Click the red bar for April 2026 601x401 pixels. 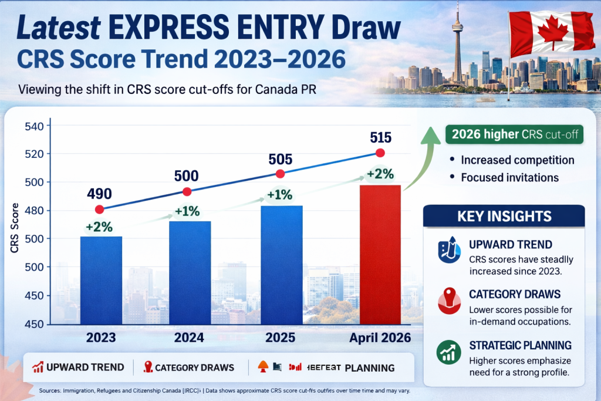click(x=380, y=254)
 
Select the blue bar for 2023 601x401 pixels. click(x=101, y=280)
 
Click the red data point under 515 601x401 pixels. click(x=380, y=153)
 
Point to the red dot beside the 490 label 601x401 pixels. click(x=99, y=210)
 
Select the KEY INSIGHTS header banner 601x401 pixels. click(x=504, y=215)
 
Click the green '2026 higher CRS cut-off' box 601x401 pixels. click(x=514, y=134)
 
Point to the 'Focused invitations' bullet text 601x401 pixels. click(x=509, y=177)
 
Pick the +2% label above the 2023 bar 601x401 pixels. click(x=99, y=227)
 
